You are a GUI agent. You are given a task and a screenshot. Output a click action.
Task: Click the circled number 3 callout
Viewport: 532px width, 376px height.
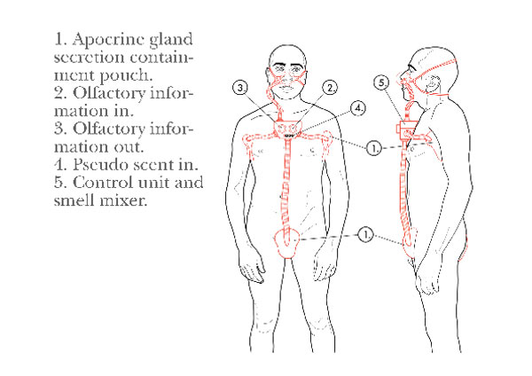click(x=240, y=88)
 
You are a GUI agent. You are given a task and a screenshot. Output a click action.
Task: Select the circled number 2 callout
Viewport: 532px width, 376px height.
click(x=330, y=88)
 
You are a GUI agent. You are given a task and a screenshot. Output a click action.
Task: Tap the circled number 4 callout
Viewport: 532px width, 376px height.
click(x=358, y=108)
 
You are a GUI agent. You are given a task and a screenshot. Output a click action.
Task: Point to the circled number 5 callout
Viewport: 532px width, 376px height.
click(x=382, y=83)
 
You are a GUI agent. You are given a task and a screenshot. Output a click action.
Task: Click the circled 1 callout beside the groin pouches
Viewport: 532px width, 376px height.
click(x=365, y=234)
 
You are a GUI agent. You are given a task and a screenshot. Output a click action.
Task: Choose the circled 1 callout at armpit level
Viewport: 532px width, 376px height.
click(x=374, y=148)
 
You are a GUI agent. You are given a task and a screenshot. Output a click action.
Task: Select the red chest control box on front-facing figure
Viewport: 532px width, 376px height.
click(x=286, y=129)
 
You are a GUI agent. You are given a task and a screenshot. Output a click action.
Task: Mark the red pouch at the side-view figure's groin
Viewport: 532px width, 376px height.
click(x=410, y=241)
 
